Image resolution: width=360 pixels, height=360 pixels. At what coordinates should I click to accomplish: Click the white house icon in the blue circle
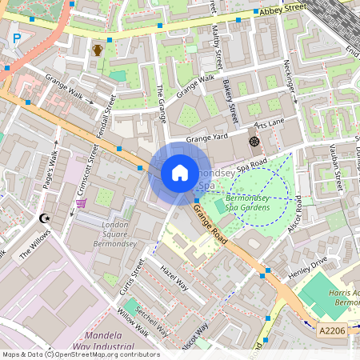coord(180,173)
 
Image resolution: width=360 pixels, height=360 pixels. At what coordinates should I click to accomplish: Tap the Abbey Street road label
coord(282,9)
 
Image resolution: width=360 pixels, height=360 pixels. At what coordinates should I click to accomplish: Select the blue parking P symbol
coord(16,38)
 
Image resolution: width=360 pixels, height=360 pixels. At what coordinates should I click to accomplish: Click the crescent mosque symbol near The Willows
coord(44,218)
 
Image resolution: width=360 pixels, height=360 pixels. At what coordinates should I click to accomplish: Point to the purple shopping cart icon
coord(81,203)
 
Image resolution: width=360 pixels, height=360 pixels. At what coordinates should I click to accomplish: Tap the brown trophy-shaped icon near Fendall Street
coord(98,50)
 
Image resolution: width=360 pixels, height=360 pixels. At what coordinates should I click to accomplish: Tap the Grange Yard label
coord(208,138)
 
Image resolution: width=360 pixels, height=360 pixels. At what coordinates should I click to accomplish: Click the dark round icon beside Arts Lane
coord(254,142)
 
